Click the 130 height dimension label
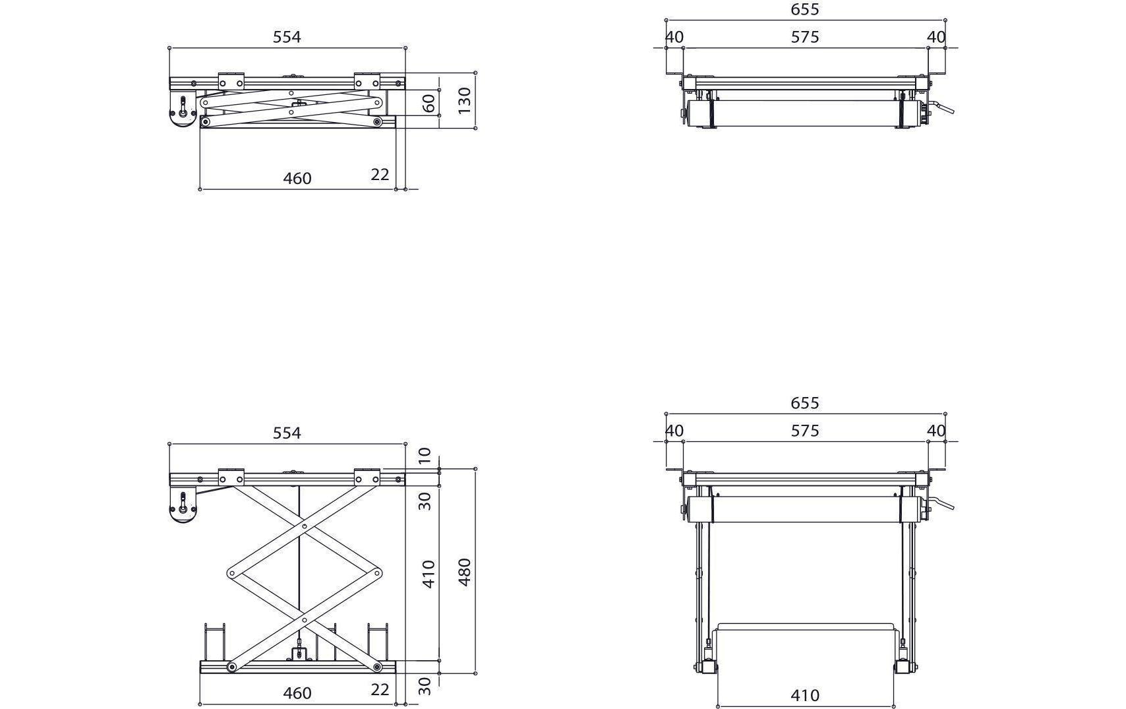(x=465, y=100)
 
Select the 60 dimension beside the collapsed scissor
(x=429, y=104)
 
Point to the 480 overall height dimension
(x=465, y=572)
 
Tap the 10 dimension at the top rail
(x=425, y=455)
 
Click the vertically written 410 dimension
(x=429, y=574)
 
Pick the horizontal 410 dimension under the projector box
(x=805, y=695)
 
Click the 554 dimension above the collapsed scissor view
(x=287, y=37)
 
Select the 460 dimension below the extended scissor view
(x=297, y=693)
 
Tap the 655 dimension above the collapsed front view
(x=805, y=9)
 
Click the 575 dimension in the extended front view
(x=805, y=431)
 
